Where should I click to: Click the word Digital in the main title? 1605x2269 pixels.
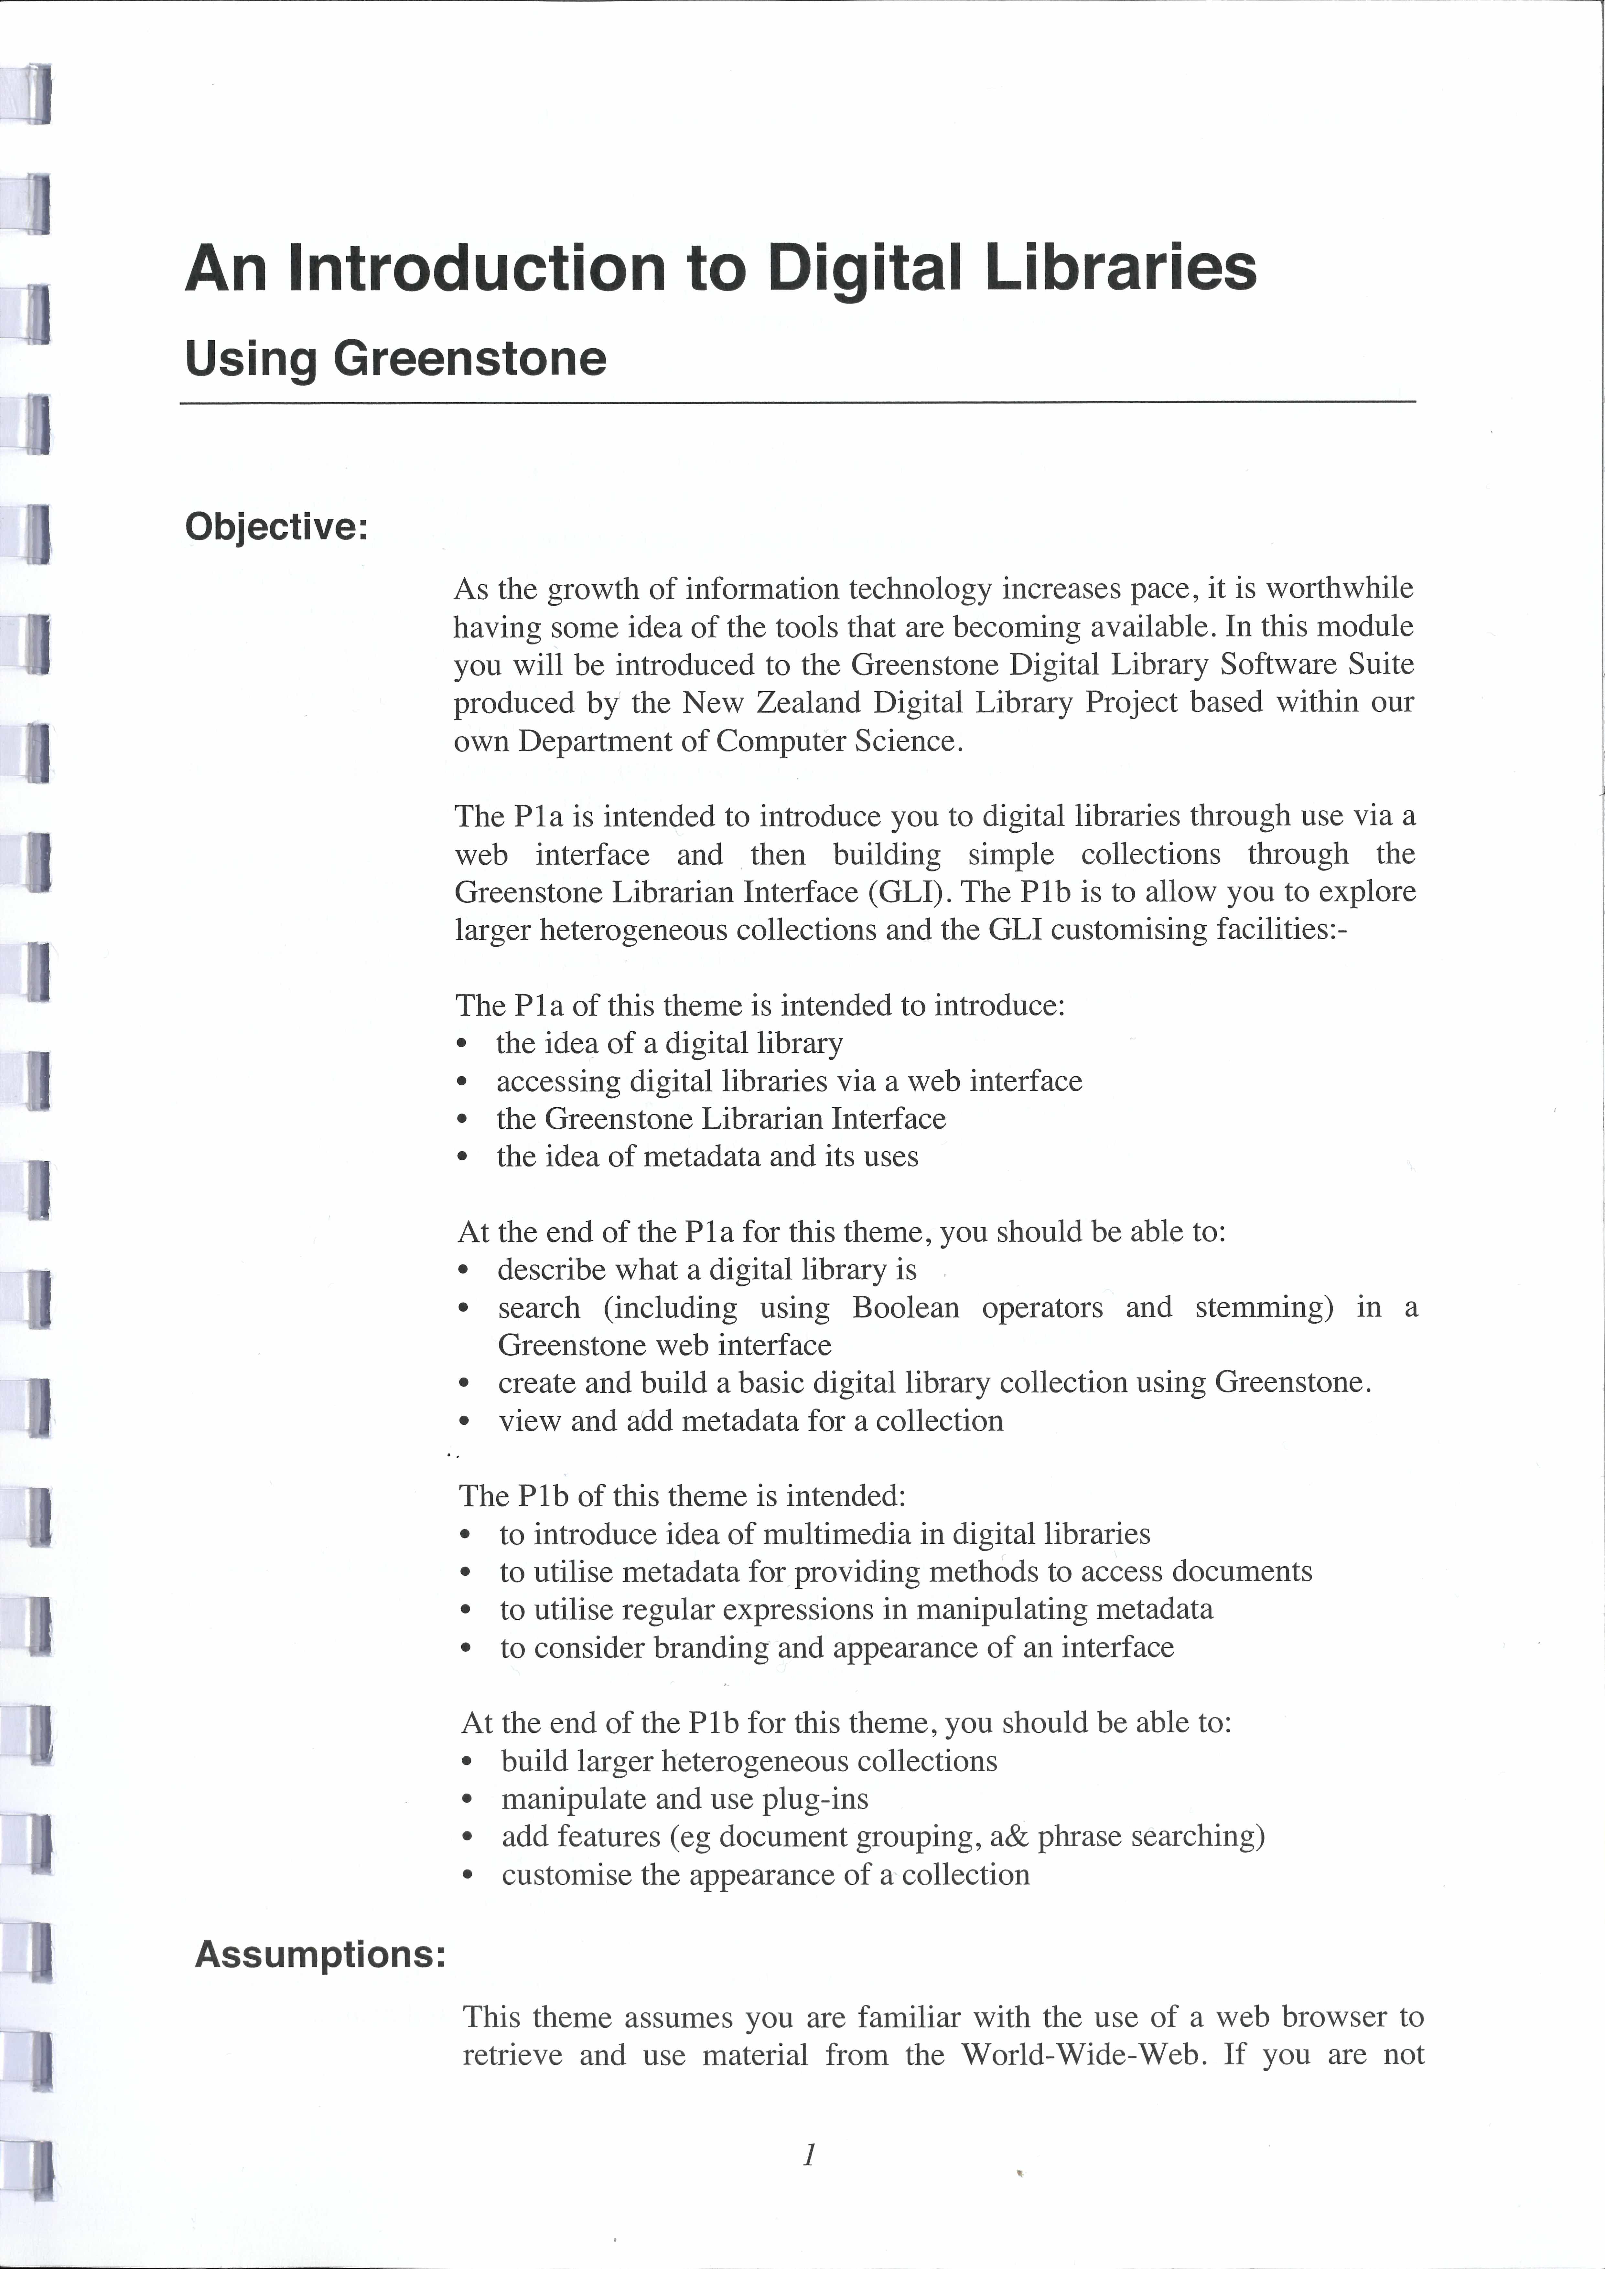[863, 269]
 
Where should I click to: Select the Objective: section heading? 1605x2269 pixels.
[276, 527]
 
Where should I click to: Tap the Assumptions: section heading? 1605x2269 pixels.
[320, 1954]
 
